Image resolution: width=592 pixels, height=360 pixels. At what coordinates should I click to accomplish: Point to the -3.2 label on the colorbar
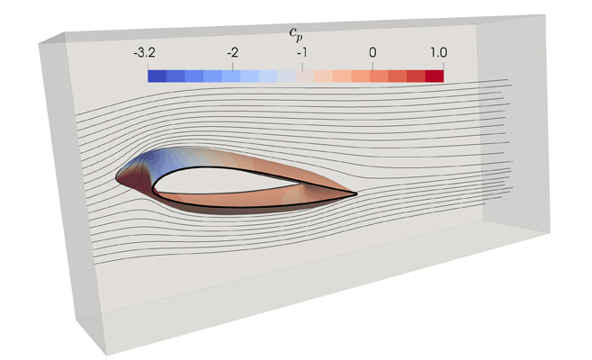(144, 53)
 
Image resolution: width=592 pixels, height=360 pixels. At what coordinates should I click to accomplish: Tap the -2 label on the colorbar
(233, 53)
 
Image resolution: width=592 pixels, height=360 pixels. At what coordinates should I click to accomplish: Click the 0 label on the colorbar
(372, 53)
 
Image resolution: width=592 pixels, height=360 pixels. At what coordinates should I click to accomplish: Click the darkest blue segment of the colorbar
(156, 76)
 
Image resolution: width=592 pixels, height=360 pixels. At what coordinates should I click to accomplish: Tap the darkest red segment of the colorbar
(435, 76)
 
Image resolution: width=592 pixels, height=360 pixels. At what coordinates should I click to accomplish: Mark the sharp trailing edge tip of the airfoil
(357, 193)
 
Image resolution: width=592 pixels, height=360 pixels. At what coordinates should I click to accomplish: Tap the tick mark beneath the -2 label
(232, 65)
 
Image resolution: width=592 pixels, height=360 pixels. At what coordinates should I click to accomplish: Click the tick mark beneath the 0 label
(372, 65)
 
